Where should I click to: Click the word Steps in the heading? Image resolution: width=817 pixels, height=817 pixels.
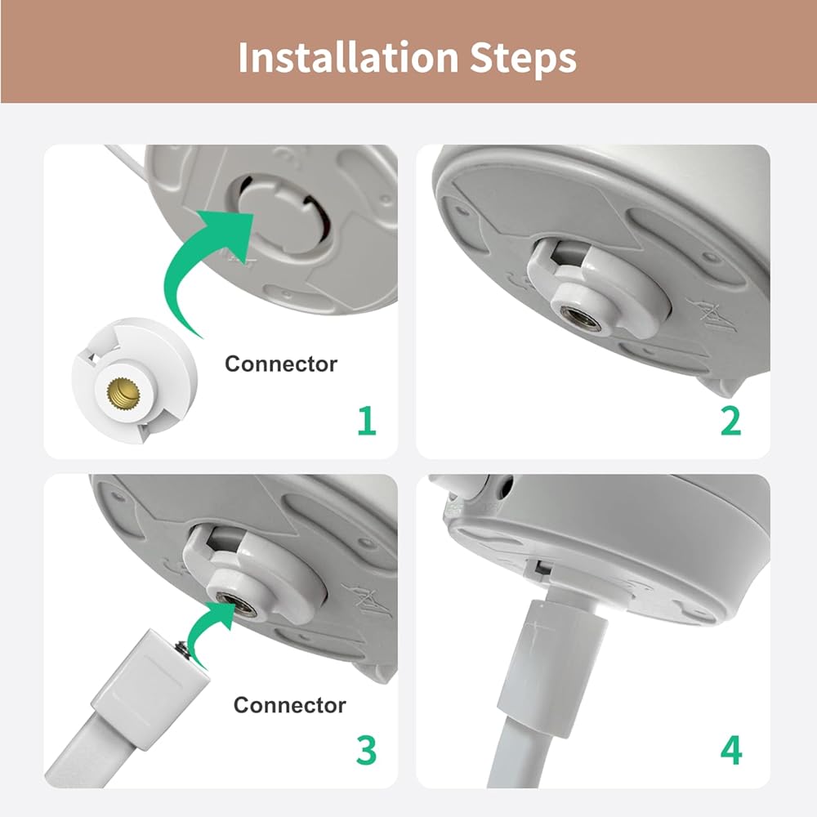point(523,58)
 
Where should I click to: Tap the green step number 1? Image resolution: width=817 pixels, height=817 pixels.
point(367,421)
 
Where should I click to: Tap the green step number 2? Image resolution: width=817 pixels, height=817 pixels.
point(731,421)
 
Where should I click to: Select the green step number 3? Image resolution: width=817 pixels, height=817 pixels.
point(366,750)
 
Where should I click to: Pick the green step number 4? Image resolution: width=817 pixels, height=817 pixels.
point(731,750)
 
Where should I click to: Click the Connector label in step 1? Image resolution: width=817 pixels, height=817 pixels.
point(281,364)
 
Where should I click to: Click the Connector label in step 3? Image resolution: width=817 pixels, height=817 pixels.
point(290,705)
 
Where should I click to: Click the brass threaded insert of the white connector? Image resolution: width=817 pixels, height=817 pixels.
point(118,392)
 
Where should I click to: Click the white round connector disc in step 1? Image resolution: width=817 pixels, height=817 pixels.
point(135,381)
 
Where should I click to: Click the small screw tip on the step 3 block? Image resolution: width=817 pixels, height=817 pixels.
point(183,648)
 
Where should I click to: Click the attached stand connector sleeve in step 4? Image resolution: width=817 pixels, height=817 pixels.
point(553,669)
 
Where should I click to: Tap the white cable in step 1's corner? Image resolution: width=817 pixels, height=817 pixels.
point(124,160)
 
